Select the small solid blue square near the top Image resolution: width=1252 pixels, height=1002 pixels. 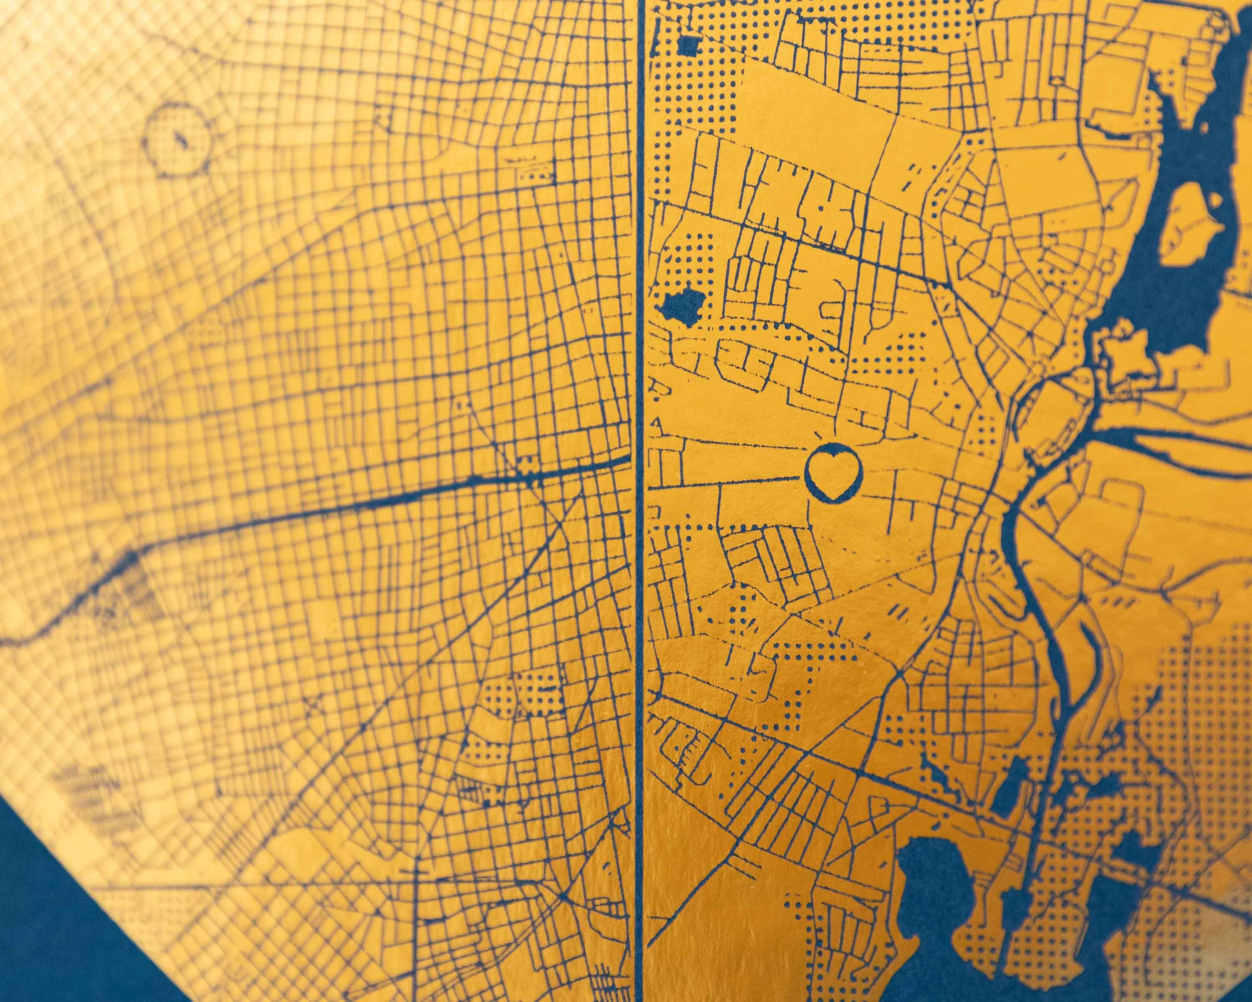tap(689, 46)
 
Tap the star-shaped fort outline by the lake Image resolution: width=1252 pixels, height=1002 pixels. tap(1121, 355)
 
